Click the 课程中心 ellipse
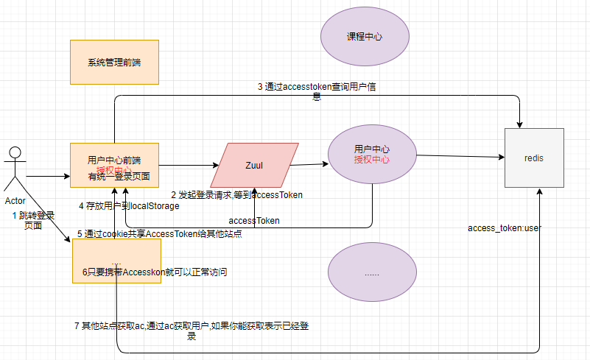coord(365,37)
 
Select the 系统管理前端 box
coord(113,62)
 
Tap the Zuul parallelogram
coord(254,165)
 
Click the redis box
coord(534,158)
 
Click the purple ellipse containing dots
coord(371,272)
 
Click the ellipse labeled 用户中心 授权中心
coord(371,155)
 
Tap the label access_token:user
coord(505,228)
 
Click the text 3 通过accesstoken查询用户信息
coord(317,91)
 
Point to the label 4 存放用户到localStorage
coord(129,206)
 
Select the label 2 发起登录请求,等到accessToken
coord(237,195)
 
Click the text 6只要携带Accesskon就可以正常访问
coord(154,272)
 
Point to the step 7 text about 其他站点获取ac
coord(192,330)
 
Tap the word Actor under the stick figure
coord(15,200)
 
